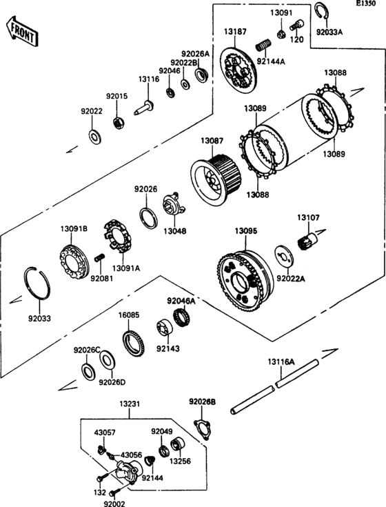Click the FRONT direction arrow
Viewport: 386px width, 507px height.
click(22, 32)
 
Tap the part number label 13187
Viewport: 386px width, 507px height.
click(235, 32)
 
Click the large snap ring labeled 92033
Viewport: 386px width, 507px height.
click(37, 284)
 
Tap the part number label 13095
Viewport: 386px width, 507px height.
click(246, 231)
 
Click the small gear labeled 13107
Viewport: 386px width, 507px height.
click(307, 240)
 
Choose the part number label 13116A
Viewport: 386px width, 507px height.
click(281, 361)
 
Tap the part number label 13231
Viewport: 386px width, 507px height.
click(129, 404)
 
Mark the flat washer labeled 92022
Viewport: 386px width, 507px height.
click(94, 137)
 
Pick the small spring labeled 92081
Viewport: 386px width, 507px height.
click(100, 258)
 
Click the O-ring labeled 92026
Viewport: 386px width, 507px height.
click(149, 219)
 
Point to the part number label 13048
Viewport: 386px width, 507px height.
click(175, 231)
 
